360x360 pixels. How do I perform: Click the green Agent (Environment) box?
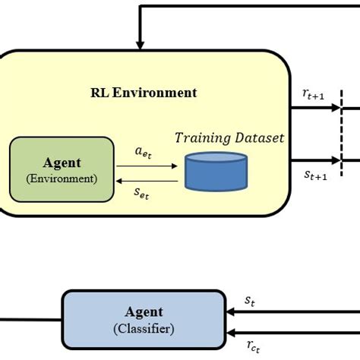tap(62, 169)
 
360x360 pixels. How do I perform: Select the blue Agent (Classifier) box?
tap(144, 320)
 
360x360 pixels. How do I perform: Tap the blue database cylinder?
tap(216, 172)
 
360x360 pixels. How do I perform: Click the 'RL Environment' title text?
tap(144, 93)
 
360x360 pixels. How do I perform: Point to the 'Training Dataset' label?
tap(229, 138)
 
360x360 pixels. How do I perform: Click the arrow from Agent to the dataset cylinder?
tap(147, 166)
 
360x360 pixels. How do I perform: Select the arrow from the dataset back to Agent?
tap(147, 181)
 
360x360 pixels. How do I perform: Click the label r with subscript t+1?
tap(313, 94)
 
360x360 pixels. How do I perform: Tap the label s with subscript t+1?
tap(315, 175)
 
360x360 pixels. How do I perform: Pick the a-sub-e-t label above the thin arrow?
tap(143, 153)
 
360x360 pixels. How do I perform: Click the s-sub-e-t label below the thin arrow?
tap(141, 194)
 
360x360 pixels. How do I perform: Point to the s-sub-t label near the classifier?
tap(250, 301)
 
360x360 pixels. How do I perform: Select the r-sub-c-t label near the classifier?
tap(253, 346)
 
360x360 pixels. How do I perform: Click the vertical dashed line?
tap(342, 133)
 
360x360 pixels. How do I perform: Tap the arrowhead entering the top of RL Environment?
tap(140, 46)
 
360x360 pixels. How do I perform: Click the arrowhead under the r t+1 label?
tap(336, 108)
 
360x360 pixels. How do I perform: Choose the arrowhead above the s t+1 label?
tap(336, 160)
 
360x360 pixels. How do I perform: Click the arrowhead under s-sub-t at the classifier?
tap(231, 312)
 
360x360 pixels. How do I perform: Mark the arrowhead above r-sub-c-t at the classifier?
tap(231, 333)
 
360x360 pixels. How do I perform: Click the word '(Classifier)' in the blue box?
tap(144, 329)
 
